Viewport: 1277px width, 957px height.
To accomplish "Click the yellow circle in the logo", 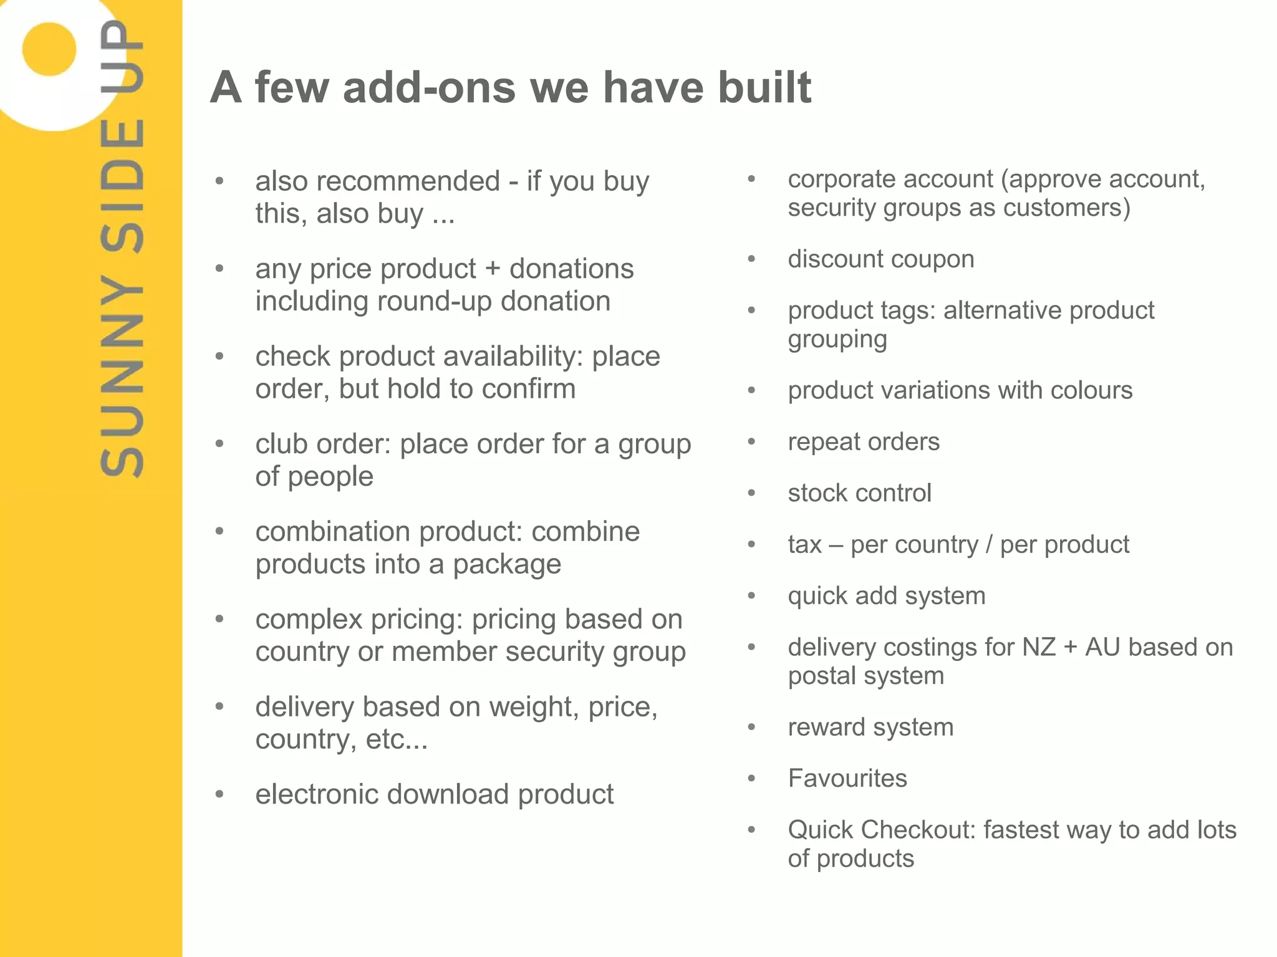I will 49,49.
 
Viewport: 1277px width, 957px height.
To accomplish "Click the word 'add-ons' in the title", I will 429,87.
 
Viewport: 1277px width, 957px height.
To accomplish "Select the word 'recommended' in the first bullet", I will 408,181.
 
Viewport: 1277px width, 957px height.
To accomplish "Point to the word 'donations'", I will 571,269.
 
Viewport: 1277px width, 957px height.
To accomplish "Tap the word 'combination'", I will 333,532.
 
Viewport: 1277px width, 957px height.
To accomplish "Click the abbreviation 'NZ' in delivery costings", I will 1039,647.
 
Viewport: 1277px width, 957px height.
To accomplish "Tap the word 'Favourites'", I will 847,779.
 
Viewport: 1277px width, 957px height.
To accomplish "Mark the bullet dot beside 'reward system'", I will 752,727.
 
